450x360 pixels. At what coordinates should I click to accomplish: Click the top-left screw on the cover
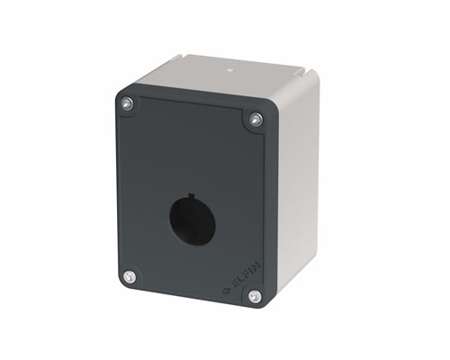[127, 103]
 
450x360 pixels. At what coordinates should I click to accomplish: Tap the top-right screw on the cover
[256, 119]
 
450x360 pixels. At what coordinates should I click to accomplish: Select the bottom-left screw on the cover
[130, 276]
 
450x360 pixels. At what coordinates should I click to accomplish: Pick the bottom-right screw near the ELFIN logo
[255, 295]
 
